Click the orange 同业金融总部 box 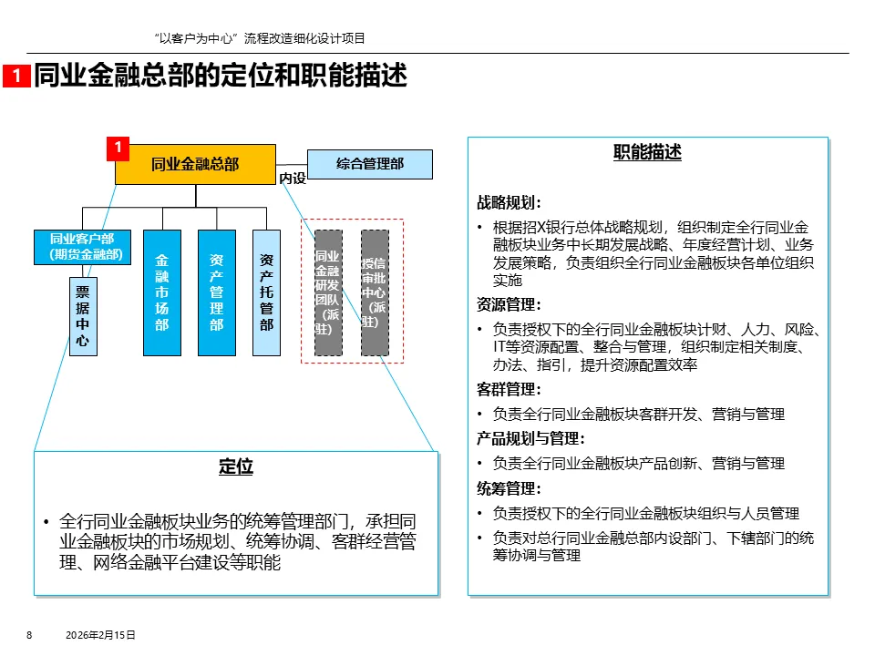pyautogui.click(x=195, y=164)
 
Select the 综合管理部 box pyautogui.click(x=370, y=164)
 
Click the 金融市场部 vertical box pyautogui.click(x=161, y=292)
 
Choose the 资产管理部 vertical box pyautogui.click(x=216, y=292)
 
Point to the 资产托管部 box pyautogui.click(x=266, y=292)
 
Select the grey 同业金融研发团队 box pyautogui.click(x=328, y=292)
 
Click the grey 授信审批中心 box pyautogui.click(x=375, y=292)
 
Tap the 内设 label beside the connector pyautogui.click(x=293, y=179)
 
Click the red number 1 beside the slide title pyautogui.click(x=16, y=77)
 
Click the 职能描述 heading pyautogui.click(x=647, y=152)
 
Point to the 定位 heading pyautogui.click(x=235, y=467)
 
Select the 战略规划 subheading pyautogui.click(x=510, y=202)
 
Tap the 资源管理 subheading pyautogui.click(x=510, y=304)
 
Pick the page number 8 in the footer pyautogui.click(x=29, y=635)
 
